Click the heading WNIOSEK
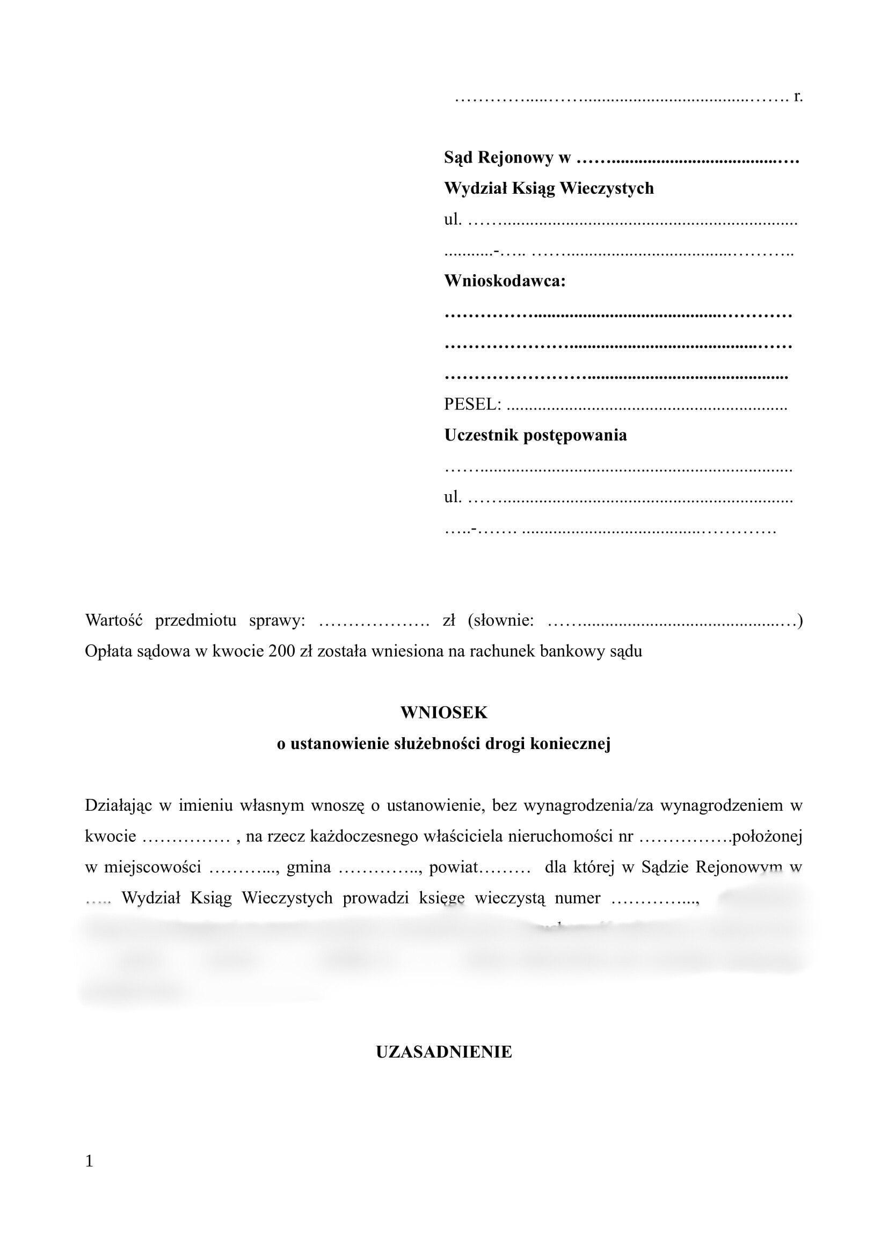443,713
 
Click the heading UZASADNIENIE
443,1052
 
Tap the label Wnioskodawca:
505,281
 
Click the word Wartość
114,620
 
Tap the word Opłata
108,651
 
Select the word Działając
118,805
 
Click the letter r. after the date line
798,97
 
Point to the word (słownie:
501,620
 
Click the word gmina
308,868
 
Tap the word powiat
453,868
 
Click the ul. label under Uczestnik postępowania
453,497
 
